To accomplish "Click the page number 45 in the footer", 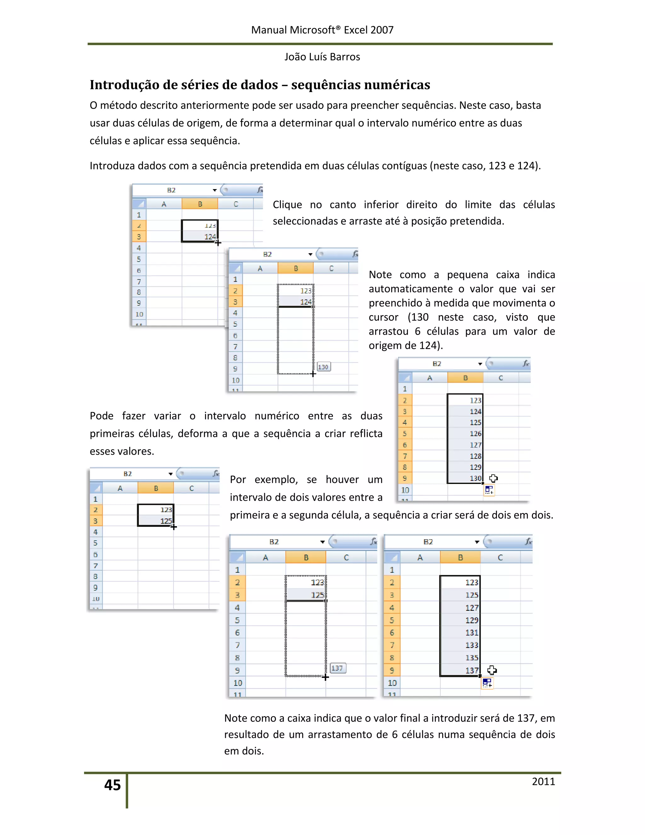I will [112, 785].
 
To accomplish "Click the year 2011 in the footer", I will [543, 781].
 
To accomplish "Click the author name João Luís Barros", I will [322, 57].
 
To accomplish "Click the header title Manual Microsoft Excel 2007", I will [322, 30].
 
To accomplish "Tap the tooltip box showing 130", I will [323, 367].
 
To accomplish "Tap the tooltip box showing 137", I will [337, 668].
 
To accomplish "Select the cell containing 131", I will [460, 633].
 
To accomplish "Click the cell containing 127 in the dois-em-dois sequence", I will [460, 608].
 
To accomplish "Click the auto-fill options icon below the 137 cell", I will [487, 683].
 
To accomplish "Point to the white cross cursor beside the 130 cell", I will [494, 478].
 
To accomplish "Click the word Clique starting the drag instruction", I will [287, 205].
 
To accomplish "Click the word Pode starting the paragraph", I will [101, 416].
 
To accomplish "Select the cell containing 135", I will [460, 658].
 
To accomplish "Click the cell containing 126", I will [465, 434].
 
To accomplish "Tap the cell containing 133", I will [460, 645].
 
